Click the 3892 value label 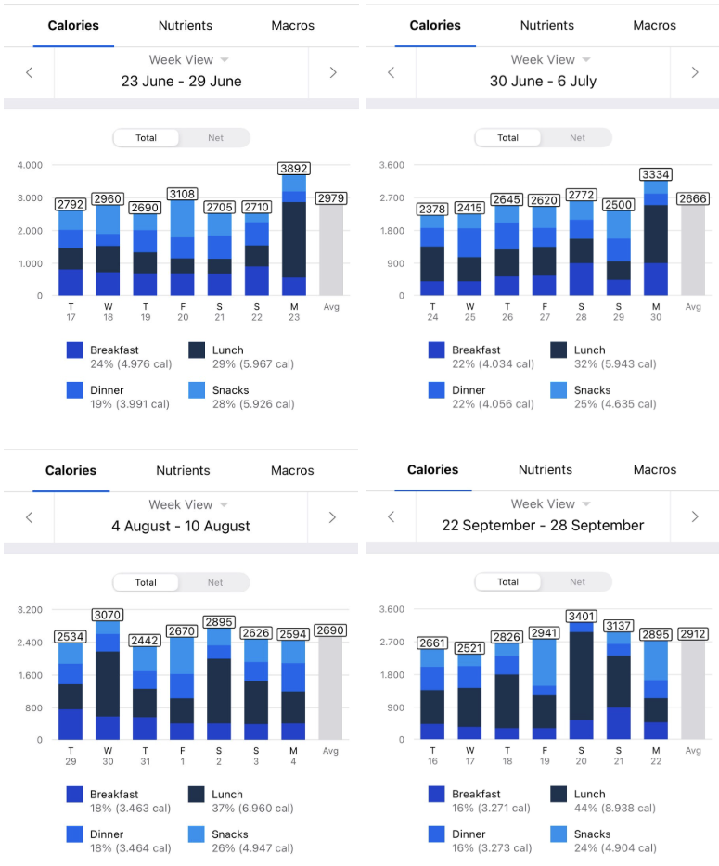click(x=294, y=169)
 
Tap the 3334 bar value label click(x=656, y=174)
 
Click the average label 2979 click(x=330, y=198)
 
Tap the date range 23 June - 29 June click(x=181, y=81)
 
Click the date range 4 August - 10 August click(x=181, y=526)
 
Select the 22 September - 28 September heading click(x=543, y=525)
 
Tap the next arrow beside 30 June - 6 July click(x=695, y=72)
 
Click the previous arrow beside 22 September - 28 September click(x=392, y=516)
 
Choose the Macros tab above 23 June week click(x=293, y=25)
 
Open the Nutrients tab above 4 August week click(x=184, y=470)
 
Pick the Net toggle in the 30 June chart click(x=577, y=137)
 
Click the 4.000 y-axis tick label click(x=30, y=165)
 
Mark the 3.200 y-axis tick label click(x=30, y=610)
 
